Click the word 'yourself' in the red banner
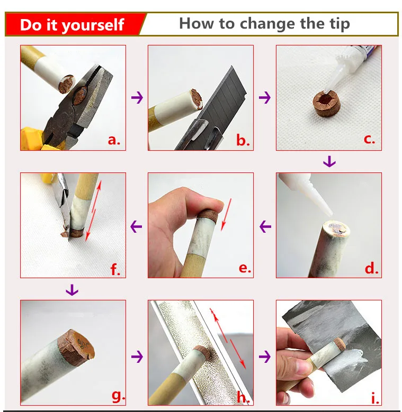click(93, 25)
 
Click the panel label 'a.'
click(114, 140)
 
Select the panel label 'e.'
click(245, 268)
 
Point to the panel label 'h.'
click(243, 397)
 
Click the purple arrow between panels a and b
click(137, 97)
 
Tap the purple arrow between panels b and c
click(265, 97)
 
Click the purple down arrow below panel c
click(329, 161)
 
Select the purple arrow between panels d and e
click(265, 226)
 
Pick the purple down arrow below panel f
click(72, 290)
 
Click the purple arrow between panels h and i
click(265, 356)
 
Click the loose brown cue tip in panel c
click(327, 103)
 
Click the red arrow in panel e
click(226, 215)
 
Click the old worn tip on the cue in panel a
click(66, 84)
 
